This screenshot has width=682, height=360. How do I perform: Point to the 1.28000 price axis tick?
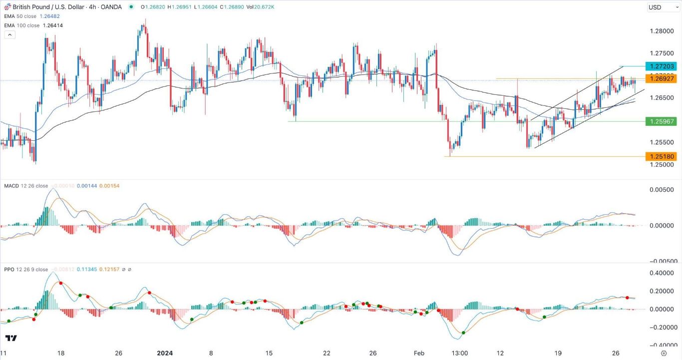[662, 31]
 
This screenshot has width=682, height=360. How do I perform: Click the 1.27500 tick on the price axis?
[662, 53]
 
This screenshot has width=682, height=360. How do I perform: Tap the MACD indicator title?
[11, 186]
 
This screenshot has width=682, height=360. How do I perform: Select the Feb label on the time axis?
[419, 353]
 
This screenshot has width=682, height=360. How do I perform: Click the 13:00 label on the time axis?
[459, 353]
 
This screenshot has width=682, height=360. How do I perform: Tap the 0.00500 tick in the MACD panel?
[662, 190]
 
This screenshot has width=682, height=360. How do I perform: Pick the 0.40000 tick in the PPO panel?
[662, 273]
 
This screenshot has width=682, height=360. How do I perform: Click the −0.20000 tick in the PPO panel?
[660, 327]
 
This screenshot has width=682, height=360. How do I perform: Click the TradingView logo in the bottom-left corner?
[11, 338]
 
